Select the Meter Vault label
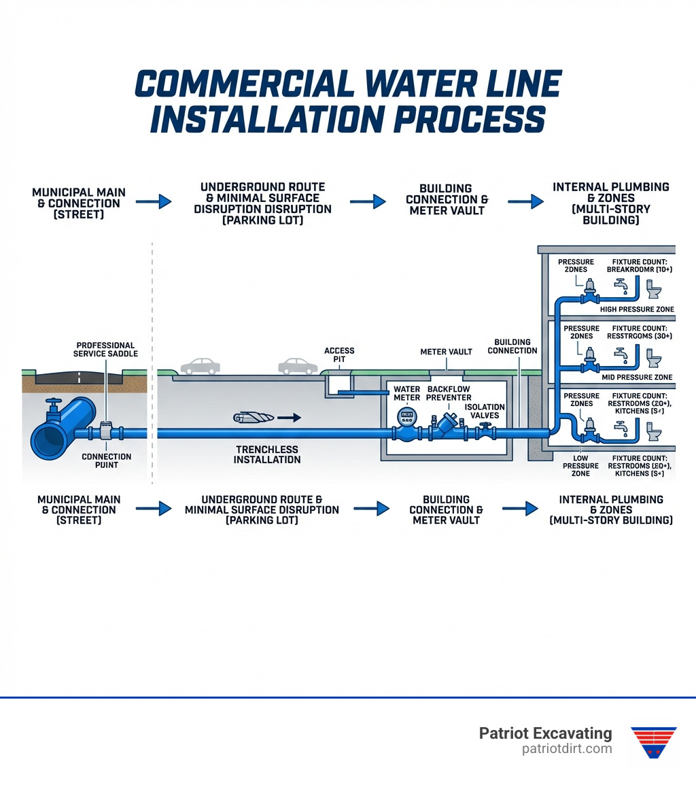pos(447,352)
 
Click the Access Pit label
pos(339,356)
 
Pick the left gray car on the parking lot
pos(201,366)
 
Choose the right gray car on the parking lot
pos(298,366)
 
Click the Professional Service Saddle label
pos(105,349)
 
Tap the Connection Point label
pos(107,461)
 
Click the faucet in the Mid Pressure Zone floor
pos(621,354)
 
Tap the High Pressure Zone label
pos(638,310)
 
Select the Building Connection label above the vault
pos(516,346)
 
